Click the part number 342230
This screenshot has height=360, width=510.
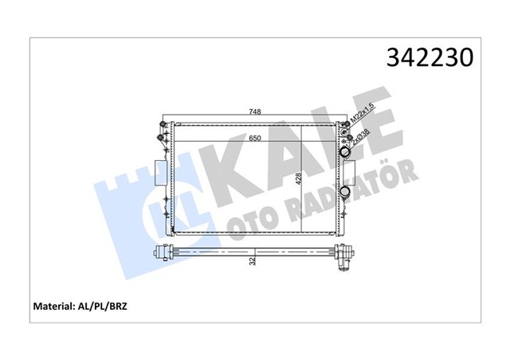(431, 57)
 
